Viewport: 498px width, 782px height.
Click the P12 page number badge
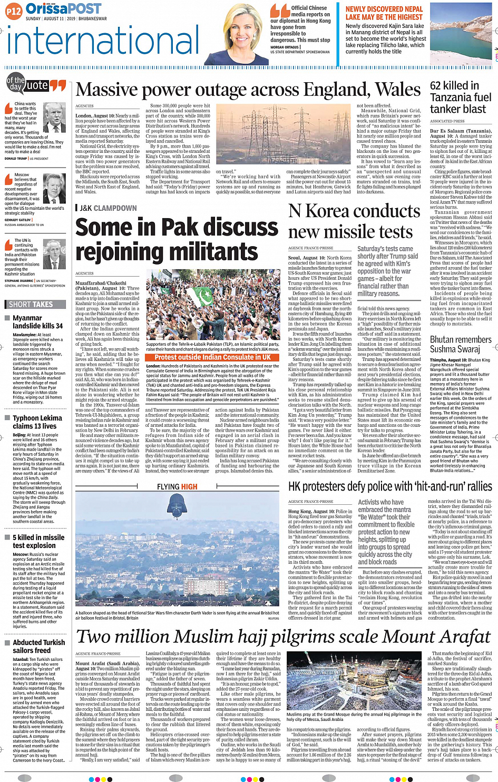point(14,11)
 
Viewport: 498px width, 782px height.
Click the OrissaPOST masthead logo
point(63,8)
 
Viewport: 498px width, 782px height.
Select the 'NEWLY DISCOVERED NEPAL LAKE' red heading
point(384,13)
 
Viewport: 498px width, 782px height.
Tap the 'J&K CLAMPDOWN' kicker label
point(108,208)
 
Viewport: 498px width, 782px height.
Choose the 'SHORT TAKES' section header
point(31,304)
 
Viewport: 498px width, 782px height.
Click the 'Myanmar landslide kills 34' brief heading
point(37,322)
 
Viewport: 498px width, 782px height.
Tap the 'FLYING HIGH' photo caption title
point(177,486)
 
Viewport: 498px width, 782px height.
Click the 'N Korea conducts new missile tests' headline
point(354,221)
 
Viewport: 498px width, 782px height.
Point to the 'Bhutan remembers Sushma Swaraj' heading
point(460,344)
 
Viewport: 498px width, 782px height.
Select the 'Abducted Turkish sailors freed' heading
point(38,646)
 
